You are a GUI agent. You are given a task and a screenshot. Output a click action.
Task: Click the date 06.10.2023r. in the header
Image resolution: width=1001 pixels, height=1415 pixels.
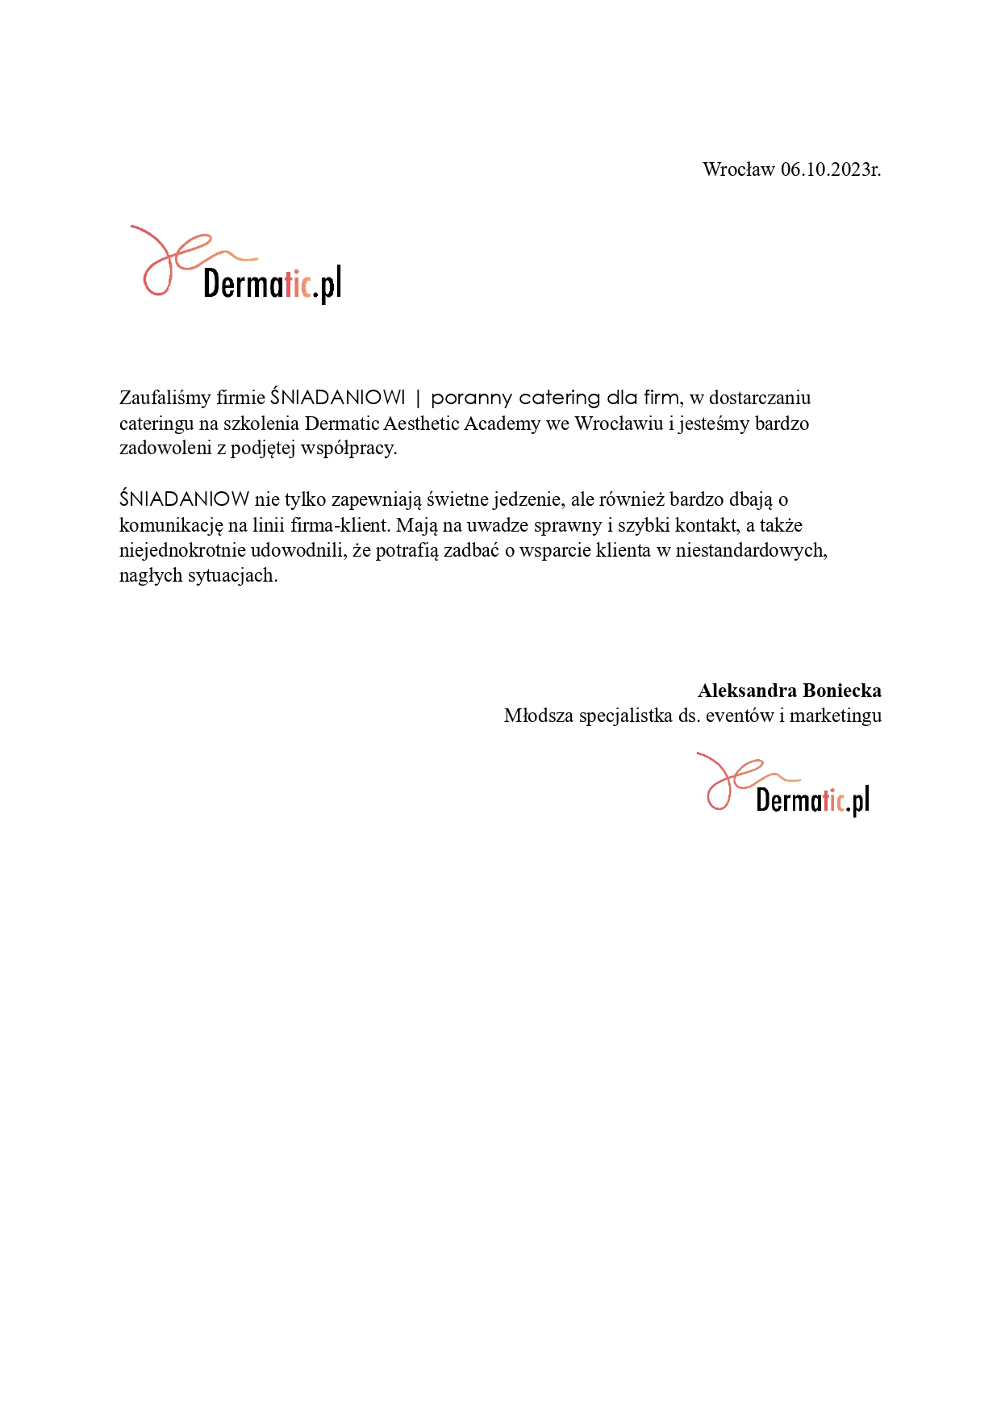[x=830, y=169]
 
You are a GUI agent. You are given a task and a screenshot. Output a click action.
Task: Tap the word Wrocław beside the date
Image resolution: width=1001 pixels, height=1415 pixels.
[x=738, y=169]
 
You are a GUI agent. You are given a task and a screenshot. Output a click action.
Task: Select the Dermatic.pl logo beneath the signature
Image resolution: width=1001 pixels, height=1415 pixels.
[x=783, y=784]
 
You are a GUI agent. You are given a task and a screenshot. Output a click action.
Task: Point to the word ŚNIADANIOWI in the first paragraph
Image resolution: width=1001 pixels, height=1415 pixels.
[x=338, y=398]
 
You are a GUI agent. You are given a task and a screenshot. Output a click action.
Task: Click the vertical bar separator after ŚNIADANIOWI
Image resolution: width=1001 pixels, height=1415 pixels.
[x=418, y=398]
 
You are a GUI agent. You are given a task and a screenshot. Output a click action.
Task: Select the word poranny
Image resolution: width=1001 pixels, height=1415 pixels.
[x=471, y=398]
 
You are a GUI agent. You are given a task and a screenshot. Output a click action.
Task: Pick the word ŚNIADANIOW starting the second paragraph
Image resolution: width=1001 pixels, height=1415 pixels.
[x=184, y=499]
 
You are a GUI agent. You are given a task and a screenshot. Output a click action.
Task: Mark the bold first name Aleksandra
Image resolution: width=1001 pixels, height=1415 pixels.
[x=746, y=691]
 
